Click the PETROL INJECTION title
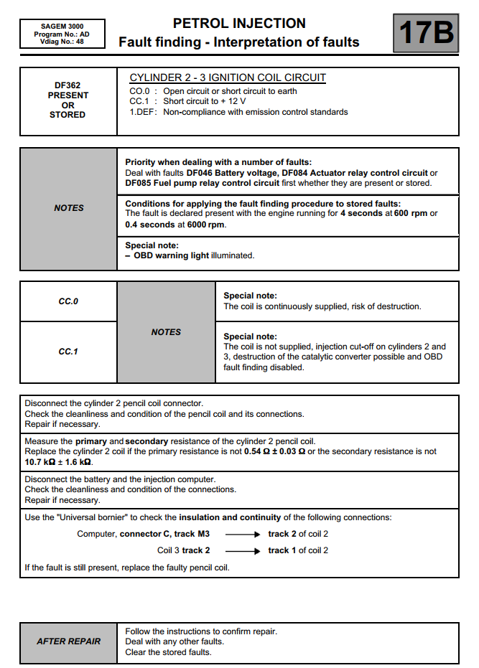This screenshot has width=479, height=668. (239, 23)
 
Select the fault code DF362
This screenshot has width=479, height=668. (68, 85)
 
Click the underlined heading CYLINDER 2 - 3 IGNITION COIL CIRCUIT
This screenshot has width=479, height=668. (228, 77)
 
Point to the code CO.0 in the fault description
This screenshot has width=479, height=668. (139, 91)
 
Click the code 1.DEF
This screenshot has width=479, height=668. (142, 112)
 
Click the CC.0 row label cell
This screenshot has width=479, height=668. (68, 301)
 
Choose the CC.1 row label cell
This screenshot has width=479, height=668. (68, 352)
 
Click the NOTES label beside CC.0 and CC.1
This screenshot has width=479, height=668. (166, 332)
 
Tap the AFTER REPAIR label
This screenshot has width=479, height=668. (69, 641)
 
